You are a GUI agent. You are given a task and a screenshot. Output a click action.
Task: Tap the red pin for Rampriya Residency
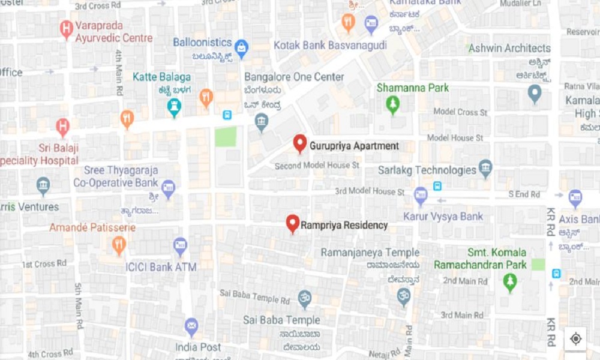pos(292,223)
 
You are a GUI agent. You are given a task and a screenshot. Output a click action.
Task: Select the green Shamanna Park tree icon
pos(392,106)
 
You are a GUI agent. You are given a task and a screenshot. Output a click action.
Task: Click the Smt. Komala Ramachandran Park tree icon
pos(510,281)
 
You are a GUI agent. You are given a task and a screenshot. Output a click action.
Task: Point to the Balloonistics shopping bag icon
pos(241,48)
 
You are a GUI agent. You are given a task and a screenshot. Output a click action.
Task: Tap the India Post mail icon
pos(191,326)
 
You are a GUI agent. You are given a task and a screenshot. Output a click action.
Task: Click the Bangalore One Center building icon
pos(262,123)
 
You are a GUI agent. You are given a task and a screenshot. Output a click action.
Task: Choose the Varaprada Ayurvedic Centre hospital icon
pos(67,28)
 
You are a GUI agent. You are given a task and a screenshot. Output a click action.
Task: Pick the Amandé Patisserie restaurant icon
pos(119,244)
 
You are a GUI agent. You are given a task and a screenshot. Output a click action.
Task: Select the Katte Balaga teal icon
pos(174,107)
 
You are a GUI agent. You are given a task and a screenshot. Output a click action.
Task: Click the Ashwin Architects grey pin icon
pos(534,93)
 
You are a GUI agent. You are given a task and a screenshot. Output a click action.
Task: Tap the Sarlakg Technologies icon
pos(485,169)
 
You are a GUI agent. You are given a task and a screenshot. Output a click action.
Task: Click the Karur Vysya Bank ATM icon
pos(421,195)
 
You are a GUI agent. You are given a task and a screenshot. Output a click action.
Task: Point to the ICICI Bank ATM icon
pos(180,245)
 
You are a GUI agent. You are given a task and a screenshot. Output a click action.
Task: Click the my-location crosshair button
pos(575,339)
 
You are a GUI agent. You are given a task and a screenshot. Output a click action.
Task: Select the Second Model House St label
pos(317,165)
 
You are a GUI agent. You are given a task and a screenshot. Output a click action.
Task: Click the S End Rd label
pos(524,194)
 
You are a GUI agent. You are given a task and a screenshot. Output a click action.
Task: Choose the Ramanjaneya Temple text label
pos(370,253)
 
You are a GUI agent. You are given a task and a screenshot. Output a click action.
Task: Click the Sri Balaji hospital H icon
pos(62,127)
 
